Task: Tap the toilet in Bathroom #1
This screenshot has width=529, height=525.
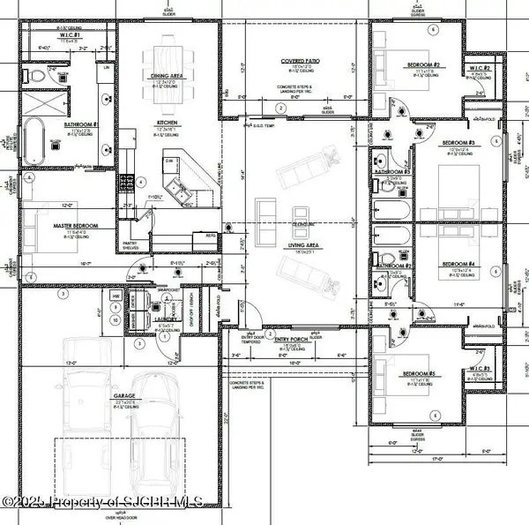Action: click(36, 76)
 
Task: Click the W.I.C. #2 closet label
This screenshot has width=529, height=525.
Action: click(480, 69)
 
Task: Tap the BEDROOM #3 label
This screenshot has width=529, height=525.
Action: click(458, 143)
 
